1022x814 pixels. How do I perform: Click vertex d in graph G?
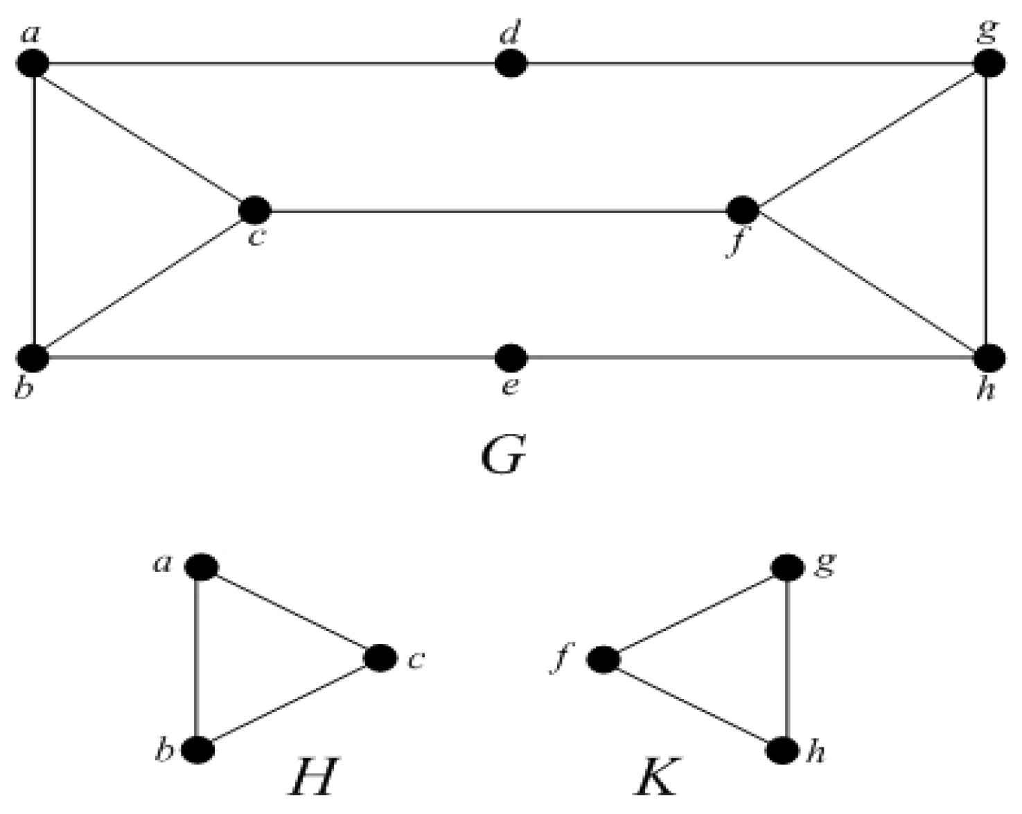click(x=511, y=64)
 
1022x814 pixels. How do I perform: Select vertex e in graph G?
click(x=511, y=358)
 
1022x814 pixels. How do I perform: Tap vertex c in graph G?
click(x=254, y=209)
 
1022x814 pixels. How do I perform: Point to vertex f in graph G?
click(x=743, y=209)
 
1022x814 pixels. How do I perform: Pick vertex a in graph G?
click(x=33, y=64)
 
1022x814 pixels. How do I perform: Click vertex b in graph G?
click(x=33, y=358)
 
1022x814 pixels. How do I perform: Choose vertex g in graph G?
click(x=989, y=64)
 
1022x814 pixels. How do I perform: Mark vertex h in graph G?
click(x=989, y=358)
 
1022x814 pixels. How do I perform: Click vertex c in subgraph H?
click(x=380, y=658)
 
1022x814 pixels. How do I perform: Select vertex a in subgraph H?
click(x=201, y=566)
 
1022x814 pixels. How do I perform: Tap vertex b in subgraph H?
click(x=197, y=750)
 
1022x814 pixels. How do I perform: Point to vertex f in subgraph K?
click(x=603, y=659)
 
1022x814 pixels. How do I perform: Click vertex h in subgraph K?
click(x=783, y=750)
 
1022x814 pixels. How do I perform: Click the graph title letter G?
click(x=504, y=456)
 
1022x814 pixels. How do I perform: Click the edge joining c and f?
click(x=499, y=209)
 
